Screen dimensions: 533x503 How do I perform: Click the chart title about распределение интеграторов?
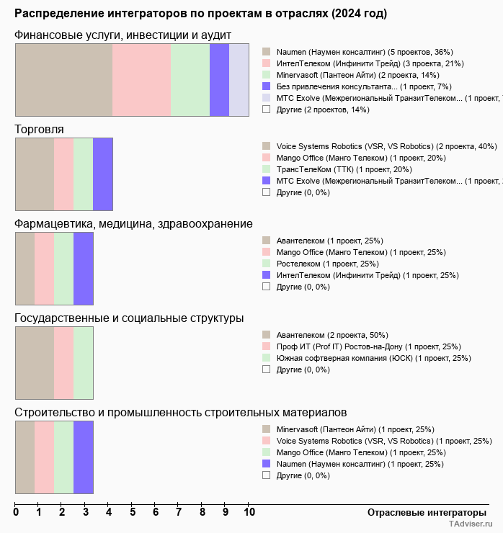200,14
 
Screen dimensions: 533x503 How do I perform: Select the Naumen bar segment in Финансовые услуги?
63,79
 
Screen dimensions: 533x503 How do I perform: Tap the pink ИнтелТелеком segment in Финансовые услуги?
141,79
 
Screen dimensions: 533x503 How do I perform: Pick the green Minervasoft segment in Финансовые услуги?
190,79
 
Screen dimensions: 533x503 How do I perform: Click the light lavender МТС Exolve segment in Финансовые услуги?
239,79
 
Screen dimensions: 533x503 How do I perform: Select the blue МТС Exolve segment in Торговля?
103,174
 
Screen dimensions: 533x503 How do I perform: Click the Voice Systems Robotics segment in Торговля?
35,174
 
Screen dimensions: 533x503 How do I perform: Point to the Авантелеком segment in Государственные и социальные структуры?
35,362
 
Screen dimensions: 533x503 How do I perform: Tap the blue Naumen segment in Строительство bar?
84,457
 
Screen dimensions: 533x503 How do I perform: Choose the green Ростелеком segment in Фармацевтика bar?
64,269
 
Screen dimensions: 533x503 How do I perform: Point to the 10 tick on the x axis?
249,513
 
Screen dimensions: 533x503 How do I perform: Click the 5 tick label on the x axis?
133,513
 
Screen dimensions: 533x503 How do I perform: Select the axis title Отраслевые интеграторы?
422,512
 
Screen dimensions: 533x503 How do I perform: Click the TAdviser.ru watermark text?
471,524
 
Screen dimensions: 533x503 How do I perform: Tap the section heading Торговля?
39,129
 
